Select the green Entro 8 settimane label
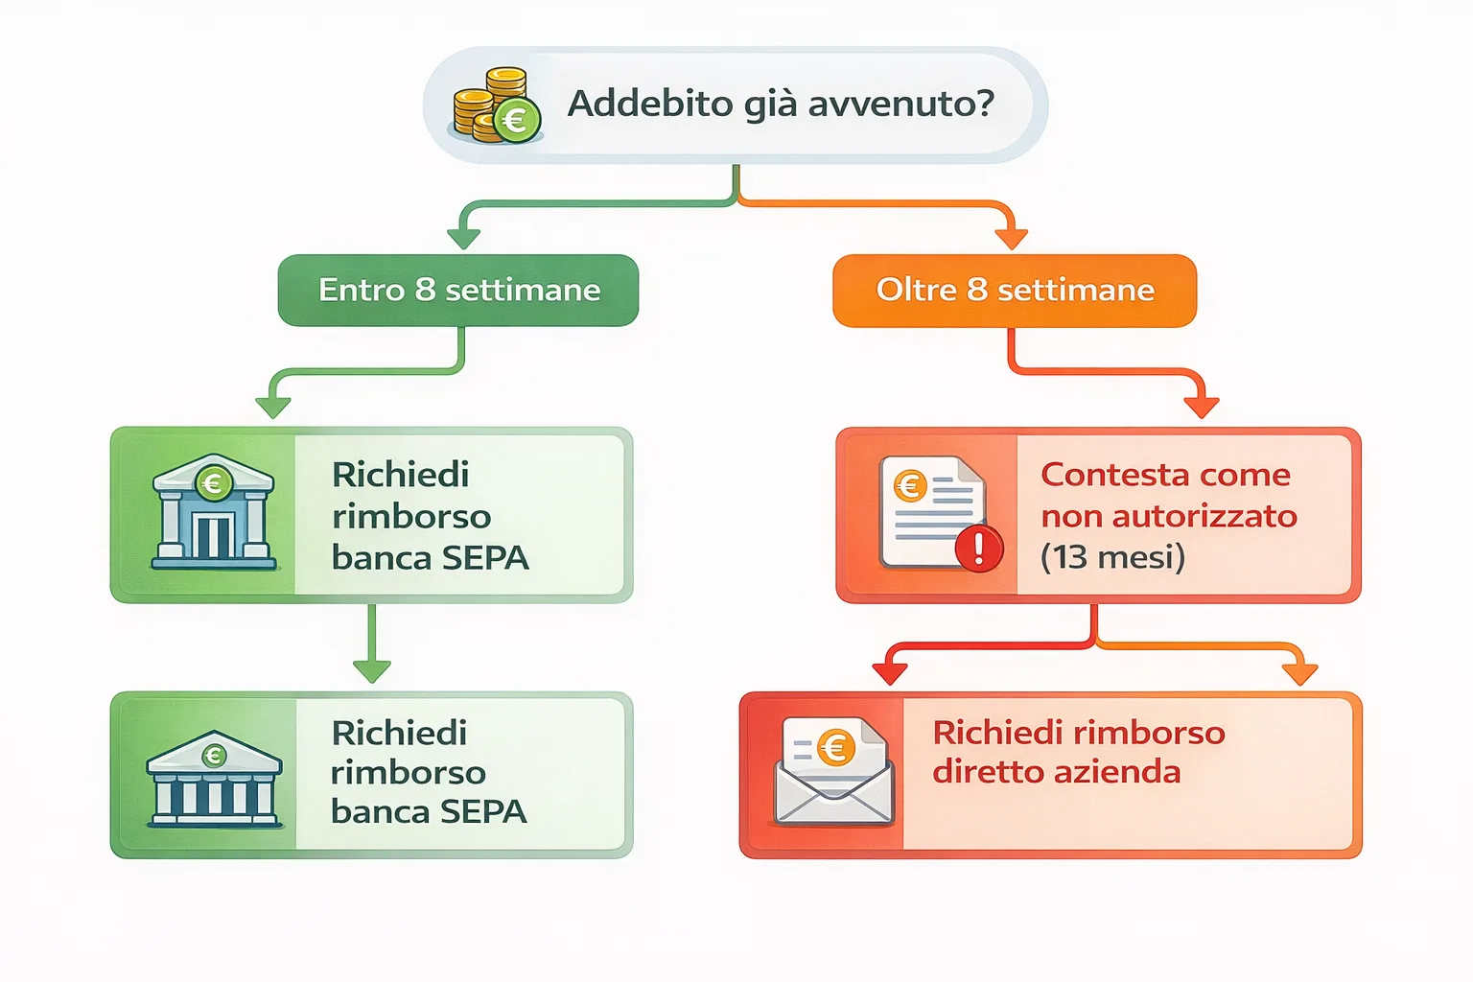click(x=458, y=290)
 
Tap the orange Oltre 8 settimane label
click(x=1015, y=290)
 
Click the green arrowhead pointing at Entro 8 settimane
click(x=464, y=237)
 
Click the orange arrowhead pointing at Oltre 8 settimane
click(x=1011, y=237)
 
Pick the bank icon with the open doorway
click(x=214, y=513)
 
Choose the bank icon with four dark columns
click(x=214, y=779)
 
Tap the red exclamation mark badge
click(x=979, y=549)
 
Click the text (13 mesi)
click(x=1112, y=556)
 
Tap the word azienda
click(x=1128, y=772)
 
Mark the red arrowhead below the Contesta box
click(x=890, y=672)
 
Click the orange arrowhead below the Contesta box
click(x=1299, y=672)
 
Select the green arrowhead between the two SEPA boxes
click(x=372, y=669)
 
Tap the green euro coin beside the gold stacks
click(x=517, y=121)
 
